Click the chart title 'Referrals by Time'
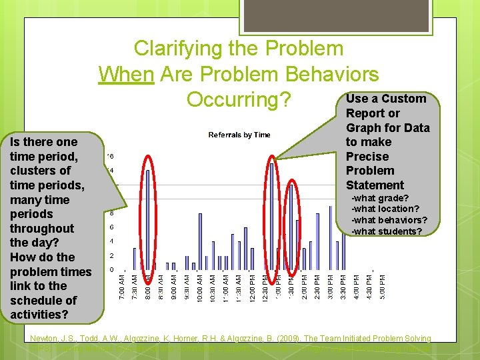point(239,135)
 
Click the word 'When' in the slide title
point(126,74)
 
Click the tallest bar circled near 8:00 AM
point(148,213)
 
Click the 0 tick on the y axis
point(111,270)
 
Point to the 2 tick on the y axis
point(111,256)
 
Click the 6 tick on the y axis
point(111,227)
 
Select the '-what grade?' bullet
point(380,198)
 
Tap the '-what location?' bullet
point(385,209)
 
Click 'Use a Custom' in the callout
point(386,99)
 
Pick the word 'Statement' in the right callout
point(375,185)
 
